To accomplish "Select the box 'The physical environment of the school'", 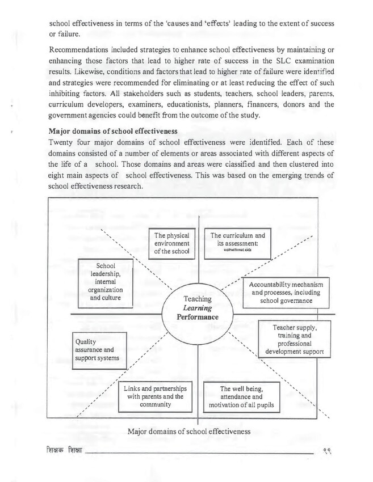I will (171, 242).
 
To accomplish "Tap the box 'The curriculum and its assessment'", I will (237, 242).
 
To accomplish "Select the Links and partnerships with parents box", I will (154, 396).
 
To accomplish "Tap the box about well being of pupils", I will (241, 397).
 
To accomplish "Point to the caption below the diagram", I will (189, 432).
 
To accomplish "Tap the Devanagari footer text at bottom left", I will (65, 451).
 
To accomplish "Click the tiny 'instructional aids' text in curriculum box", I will (237, 249).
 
